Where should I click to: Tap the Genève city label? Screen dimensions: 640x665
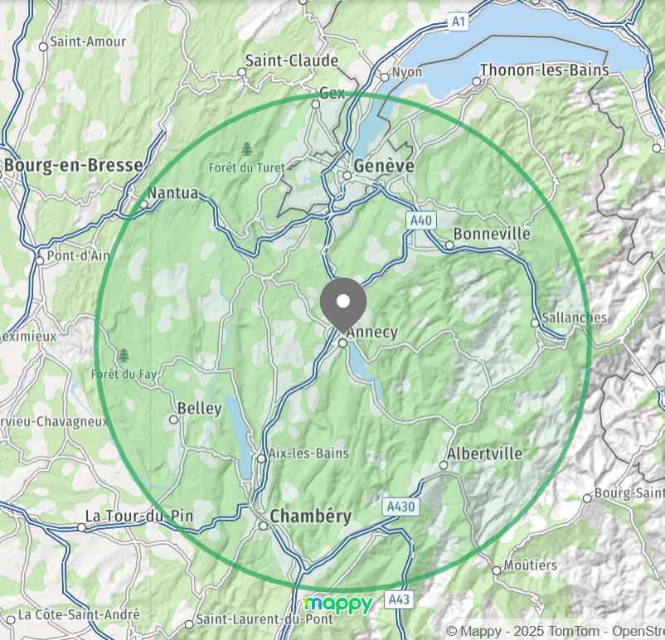(383, 166)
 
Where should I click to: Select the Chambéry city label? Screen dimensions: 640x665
(311, 516)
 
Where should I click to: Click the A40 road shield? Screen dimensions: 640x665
(421, 221)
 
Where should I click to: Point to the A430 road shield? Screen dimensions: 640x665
(401, 506)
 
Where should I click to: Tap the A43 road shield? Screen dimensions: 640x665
(400, 599)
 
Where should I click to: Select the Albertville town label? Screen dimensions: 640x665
(484, 453)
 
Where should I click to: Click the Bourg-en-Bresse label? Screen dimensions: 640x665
(73, 165)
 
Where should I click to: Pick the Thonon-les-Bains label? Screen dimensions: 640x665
(544, 70)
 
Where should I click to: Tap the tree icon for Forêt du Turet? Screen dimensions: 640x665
(246, 149)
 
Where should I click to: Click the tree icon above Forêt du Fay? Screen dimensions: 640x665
(124, 356)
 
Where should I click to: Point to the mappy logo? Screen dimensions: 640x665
(338, 604)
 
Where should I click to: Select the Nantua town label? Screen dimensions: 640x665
(173, 193)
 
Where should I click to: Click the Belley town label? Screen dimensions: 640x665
(200, 409)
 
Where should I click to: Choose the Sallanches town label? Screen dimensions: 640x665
(574, 318)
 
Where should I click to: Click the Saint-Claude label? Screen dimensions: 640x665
(292, 61)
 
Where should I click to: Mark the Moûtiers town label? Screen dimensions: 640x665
(531, 565)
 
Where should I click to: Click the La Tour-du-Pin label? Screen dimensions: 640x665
(139, 516)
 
